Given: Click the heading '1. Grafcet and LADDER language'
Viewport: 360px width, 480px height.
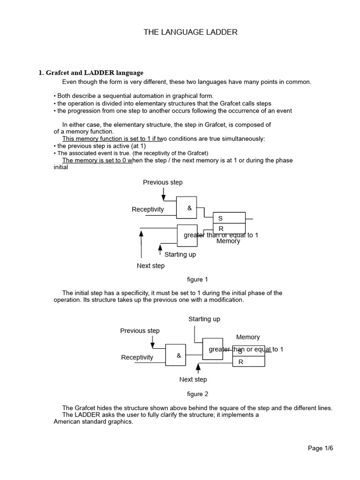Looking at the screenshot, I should pos(91,73).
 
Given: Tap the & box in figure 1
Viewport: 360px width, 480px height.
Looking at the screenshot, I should pos(189,208).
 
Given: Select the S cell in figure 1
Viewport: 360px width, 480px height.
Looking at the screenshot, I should pos(229,218).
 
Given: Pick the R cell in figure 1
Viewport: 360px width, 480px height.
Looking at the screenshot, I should pos(229,228).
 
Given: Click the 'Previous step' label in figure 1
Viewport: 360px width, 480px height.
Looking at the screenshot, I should pos(163,182).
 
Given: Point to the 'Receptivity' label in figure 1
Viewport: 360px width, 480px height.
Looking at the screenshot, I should pos(148,210).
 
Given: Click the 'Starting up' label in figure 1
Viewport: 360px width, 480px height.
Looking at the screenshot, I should pos(180,255).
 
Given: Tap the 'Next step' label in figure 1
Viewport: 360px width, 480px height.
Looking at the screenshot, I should pos(150,266).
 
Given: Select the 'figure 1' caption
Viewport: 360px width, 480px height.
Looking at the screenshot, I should pos(197,279).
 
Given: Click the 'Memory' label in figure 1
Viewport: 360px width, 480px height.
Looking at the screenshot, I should pos(228,241).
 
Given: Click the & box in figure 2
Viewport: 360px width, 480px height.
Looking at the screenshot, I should pos(179,356).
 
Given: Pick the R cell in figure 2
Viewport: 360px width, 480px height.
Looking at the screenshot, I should pos(248,362).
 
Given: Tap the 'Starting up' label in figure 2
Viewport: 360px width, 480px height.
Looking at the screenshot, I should pos(204,319).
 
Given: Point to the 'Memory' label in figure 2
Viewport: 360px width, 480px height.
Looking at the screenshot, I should pos(248,337).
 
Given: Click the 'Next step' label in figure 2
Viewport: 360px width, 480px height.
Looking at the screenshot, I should pos(193,379).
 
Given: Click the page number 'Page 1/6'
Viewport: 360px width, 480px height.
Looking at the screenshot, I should pos(320,448).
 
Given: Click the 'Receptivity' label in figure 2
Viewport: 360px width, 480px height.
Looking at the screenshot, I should pos(137,357).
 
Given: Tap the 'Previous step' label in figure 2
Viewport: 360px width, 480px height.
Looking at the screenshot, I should pos(140,330).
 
